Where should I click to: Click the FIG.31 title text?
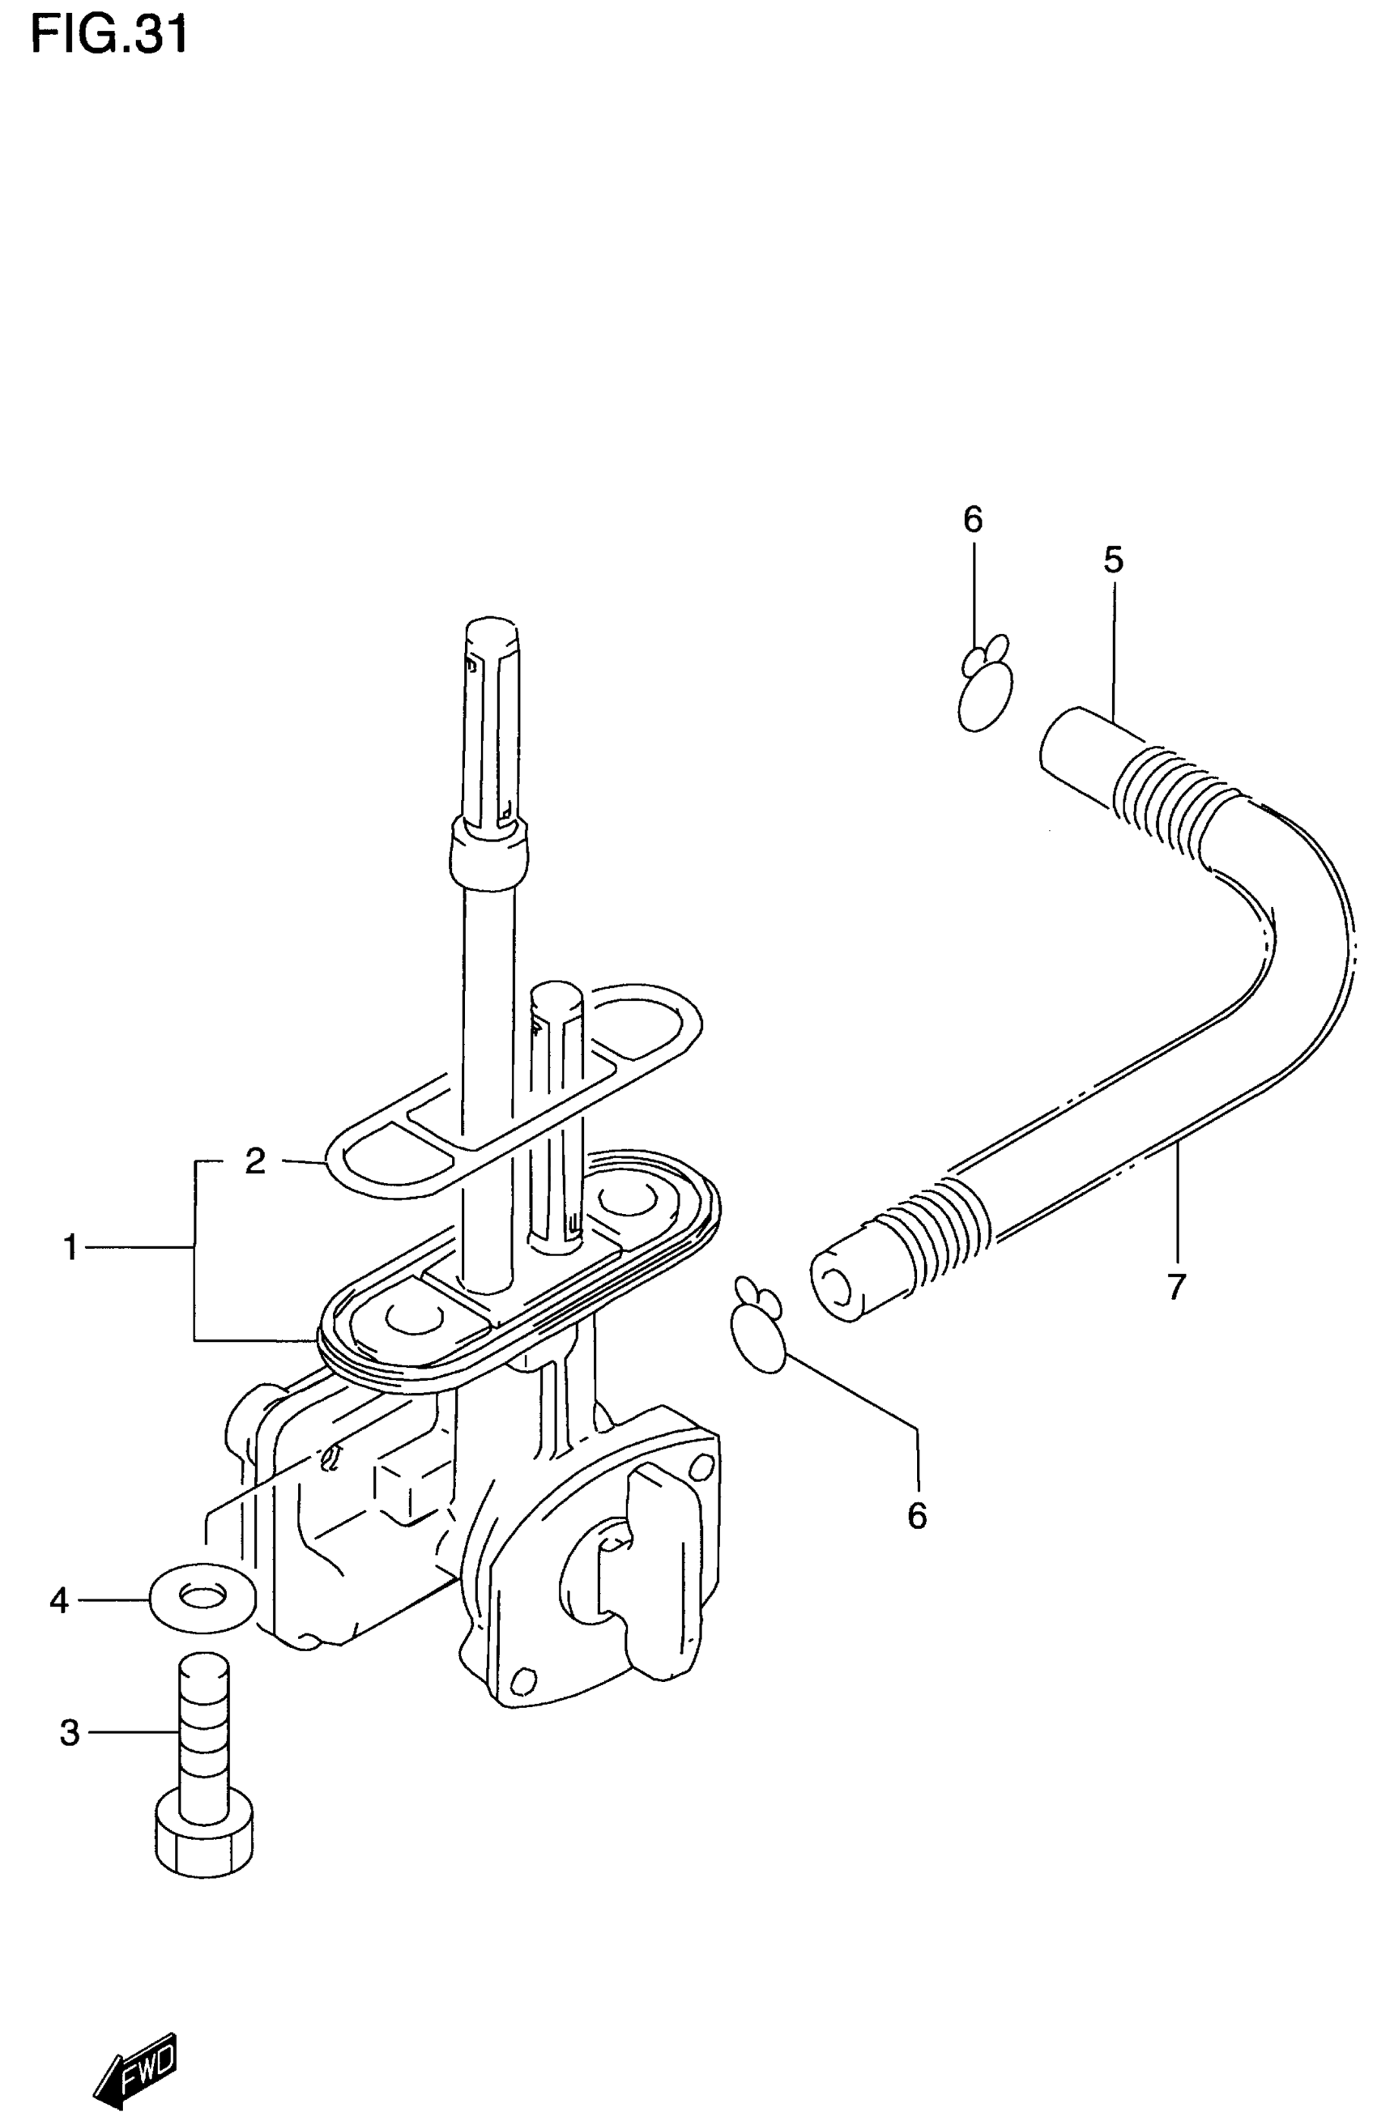tap(109, 36)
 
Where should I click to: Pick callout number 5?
tap(1113, 560)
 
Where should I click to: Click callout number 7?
tap(1175, 1287)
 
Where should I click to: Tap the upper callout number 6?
tap(973, 520)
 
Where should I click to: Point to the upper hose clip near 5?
tap(984, 688)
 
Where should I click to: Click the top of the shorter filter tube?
tap(556, 994)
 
